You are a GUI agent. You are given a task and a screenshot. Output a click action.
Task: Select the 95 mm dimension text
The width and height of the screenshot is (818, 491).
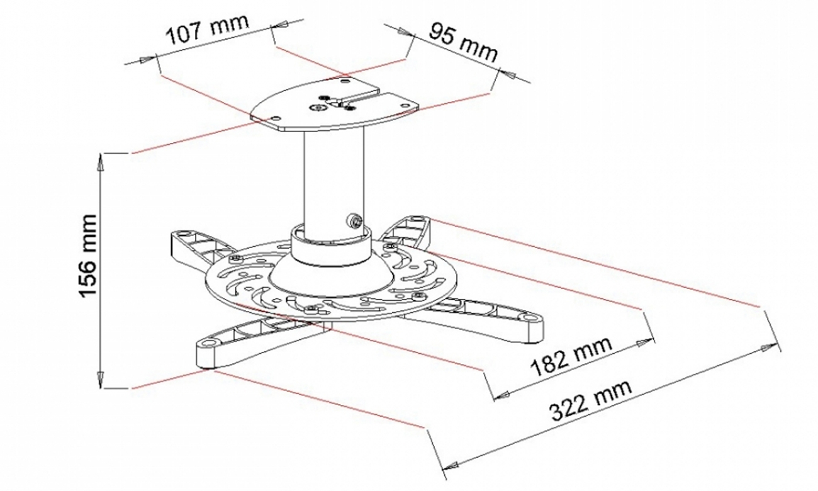[463, 43]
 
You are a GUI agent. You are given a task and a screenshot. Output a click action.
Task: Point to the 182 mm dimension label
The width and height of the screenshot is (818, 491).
[571, 357]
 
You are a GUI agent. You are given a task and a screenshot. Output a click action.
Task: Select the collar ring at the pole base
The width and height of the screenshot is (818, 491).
[332, 249]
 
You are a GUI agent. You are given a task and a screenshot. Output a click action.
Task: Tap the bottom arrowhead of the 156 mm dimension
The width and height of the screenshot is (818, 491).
[100, 381]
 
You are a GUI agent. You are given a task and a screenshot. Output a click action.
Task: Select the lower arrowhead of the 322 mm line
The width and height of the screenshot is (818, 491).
[449, 466]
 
